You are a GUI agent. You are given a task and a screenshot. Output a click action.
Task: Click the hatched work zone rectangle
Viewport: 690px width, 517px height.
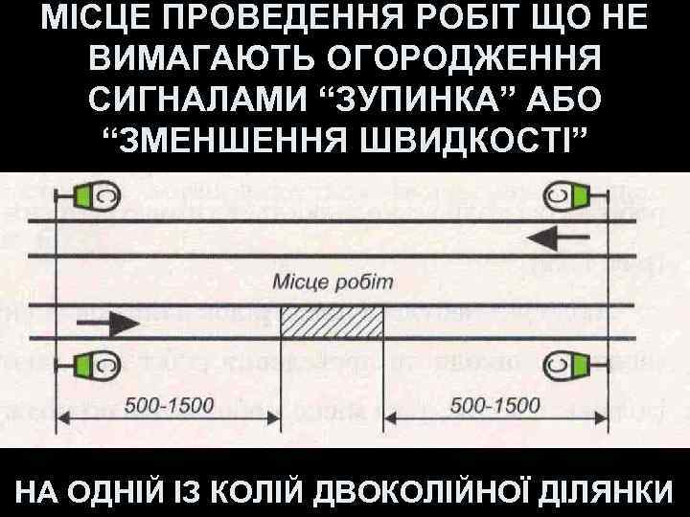[x=332, y=323]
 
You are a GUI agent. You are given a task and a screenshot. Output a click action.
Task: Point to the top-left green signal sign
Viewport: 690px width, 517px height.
[x=97, y=194]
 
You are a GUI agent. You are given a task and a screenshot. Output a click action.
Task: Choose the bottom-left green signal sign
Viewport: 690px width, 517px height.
[x=97, y=365]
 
